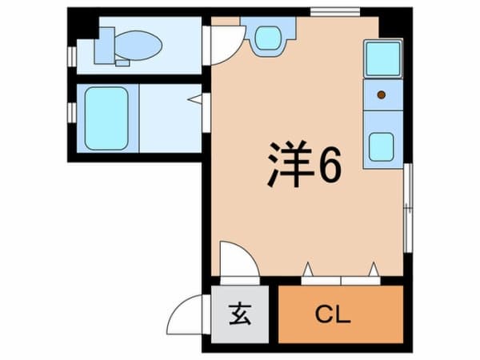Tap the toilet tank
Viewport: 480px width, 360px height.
click(106, 45)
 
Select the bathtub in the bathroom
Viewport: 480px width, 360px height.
click(107, 118)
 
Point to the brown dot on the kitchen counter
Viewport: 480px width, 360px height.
click(382, 95)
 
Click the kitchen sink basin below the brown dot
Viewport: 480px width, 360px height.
click(381, 146)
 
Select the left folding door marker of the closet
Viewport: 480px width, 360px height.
click(309, 268)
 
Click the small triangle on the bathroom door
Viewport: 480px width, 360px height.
click(194, 100)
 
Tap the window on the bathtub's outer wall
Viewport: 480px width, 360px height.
click(71, 113)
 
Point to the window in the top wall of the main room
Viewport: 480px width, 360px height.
click(325, 11)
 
